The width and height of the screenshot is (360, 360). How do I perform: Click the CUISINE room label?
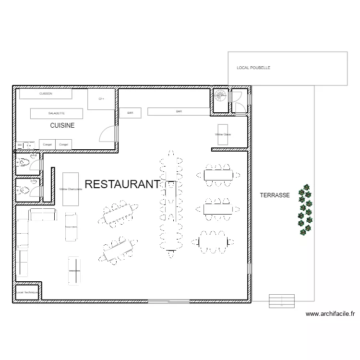click(x=62, y=125)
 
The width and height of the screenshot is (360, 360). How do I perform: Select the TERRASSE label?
click(x=275, y=195)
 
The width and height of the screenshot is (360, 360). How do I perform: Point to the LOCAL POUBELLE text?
click(x=253, y=68)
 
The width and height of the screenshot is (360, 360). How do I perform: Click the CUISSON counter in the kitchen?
click(x=46, y=94)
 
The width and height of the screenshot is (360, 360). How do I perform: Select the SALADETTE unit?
click(x=57, y=113)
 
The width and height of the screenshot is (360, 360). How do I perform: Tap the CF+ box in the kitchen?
click(x=101, y=99)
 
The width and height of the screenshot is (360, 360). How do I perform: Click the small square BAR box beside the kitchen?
click(x=130, y=113)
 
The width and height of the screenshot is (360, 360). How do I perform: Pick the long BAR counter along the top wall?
click(x=179, y=111)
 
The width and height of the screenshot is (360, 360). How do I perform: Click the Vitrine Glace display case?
click(x=223, y=134)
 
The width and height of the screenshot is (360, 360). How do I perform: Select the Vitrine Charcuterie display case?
click(x=71, y=189)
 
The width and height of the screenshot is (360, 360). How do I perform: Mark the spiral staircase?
click(x=220, y=96)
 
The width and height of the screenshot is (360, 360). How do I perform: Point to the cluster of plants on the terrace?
click(x=305, y=210)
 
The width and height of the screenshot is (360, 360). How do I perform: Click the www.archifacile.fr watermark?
click(x=330, y=314)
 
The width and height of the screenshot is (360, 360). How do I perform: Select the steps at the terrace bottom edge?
click(x=282, y=301)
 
